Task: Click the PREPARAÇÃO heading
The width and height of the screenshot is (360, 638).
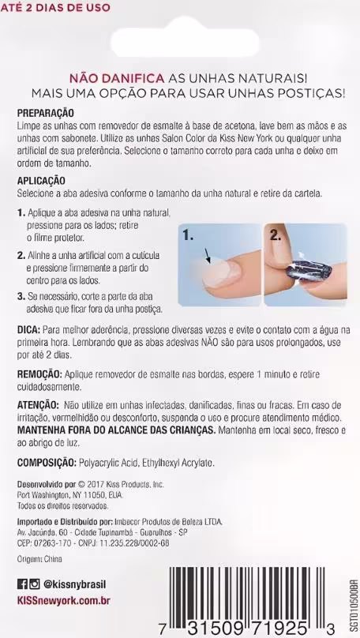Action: point(46,113)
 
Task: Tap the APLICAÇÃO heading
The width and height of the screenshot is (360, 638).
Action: point(41,180)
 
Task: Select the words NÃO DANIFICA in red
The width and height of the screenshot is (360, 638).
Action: point(117,78)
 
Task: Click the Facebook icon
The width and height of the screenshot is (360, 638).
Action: point(22,584)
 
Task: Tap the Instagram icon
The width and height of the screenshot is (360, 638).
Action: point(35,584)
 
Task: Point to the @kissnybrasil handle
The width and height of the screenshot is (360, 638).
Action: point(74,584)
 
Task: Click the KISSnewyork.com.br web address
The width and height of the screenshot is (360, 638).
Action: point(64,600)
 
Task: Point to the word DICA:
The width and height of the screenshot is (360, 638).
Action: point(28,328)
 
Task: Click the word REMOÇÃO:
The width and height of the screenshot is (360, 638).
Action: point(39,374)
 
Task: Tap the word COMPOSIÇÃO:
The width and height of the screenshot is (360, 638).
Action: point(47,463)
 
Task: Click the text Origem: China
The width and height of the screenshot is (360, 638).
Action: point(39,559)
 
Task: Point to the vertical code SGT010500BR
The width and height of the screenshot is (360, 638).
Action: point(352,602)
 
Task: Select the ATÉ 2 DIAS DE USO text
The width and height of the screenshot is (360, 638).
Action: point(55,7)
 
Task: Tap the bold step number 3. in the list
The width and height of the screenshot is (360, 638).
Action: point(21,296)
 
